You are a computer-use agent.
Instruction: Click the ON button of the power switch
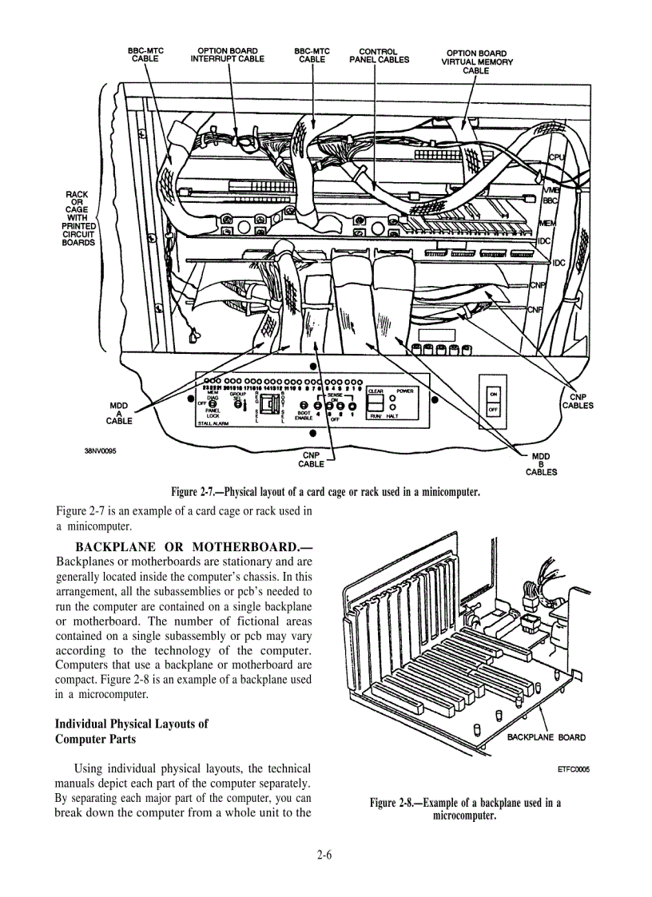tap(493, 394)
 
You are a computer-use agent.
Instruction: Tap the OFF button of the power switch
tap(493, 409)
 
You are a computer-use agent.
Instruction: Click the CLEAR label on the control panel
tap(376, 391)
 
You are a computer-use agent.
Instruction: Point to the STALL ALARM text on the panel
tap(213, 425)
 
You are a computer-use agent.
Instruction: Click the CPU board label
tap(556, 158)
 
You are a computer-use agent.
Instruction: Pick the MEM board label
tap(548, 223)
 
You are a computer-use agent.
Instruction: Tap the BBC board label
tap(551, 201)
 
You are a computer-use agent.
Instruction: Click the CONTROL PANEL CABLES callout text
tap(379, 55)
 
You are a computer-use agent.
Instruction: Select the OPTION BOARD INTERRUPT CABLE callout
tap(227, 55)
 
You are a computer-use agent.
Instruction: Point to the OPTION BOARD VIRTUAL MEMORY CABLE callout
tap(476, 62)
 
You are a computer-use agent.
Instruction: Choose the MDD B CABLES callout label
tap(541, 464)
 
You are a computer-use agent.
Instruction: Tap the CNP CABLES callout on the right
tap(577, 401)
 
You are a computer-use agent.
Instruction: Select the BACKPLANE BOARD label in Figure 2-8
tap(547, 737)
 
